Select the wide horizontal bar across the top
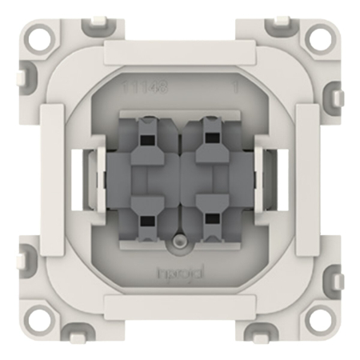(x=180, y=54)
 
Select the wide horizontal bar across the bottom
(x=180, y=306)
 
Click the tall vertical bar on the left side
(x=51, y=180)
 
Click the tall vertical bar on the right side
(x=309, y=180)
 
